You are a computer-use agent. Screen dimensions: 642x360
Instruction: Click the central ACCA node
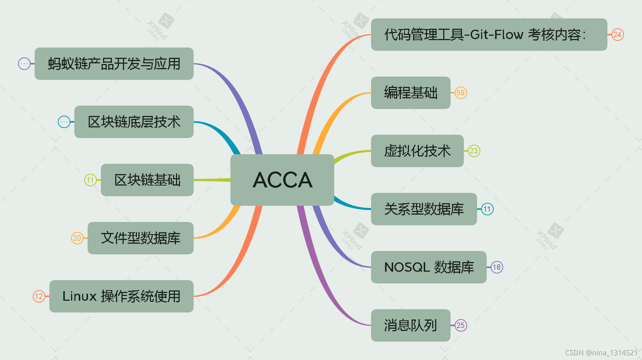click(282, 180)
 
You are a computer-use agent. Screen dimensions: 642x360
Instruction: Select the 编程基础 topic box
click(410, 93)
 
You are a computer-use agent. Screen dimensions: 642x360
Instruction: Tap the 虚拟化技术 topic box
click(417, 151)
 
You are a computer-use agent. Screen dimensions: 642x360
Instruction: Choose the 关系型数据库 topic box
click(424, 209)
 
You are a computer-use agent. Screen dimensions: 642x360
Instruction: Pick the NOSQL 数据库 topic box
click(428, 267)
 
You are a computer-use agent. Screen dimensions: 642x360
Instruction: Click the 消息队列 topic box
click(410, 325)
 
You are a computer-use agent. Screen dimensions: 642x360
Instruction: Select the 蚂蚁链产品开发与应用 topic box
click(114, 64)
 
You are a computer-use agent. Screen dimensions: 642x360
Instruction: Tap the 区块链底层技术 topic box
click(134, 122)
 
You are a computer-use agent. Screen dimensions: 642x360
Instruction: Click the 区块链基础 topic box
click(147, 180)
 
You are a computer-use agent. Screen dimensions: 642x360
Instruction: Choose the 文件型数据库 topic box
click(141, 238)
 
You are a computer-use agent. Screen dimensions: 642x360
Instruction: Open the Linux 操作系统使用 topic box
click(121, 296)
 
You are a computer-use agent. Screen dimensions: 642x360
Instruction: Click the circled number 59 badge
click(461, 93)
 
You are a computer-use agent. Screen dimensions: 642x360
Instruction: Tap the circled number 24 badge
click(617, 35)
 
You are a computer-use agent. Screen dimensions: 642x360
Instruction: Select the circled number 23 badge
click(474, 151)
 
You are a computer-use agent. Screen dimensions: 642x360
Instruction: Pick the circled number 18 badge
click(497, 267)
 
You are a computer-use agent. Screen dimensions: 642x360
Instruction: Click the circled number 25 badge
click(461, 325)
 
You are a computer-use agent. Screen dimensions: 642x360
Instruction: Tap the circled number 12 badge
click(39, 296)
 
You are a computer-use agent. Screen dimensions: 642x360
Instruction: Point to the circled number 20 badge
click(77, 238)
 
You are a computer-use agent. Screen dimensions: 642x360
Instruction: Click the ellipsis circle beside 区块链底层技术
click(64, 122)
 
